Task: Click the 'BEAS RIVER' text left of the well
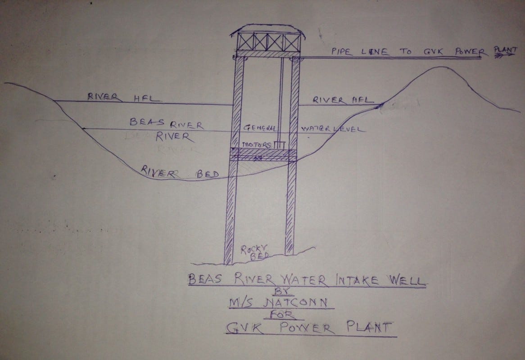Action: [x=166, y=125]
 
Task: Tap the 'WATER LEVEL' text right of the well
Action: [x=333, y=129]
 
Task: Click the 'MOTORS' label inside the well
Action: [x=257, y=145]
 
